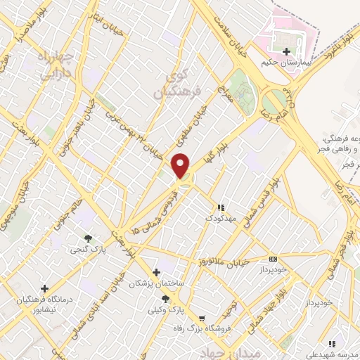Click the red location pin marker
coord(182,165)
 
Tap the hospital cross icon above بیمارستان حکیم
coord(286,51)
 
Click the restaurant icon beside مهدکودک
coord(221,207)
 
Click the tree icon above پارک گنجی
coord(88,238)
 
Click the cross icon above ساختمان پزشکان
coord(156,271)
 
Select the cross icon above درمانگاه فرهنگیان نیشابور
coord(45,288)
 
